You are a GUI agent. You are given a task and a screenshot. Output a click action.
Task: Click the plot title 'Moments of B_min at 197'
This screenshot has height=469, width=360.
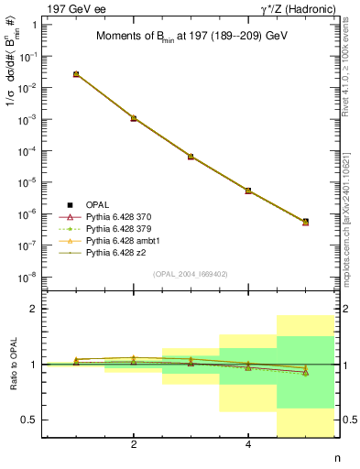(189, 37)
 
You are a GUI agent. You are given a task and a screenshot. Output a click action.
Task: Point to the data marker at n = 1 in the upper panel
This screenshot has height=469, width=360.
(76, 74)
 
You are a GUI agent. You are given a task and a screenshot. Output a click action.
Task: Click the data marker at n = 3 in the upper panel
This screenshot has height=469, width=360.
(191, 157)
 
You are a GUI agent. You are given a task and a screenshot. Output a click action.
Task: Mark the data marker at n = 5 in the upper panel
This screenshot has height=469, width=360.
(305, 222)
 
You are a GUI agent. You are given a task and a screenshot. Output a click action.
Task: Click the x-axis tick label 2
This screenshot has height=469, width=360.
(134, 445)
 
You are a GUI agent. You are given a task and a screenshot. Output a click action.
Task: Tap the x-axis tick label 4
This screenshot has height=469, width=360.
(248, 445)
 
